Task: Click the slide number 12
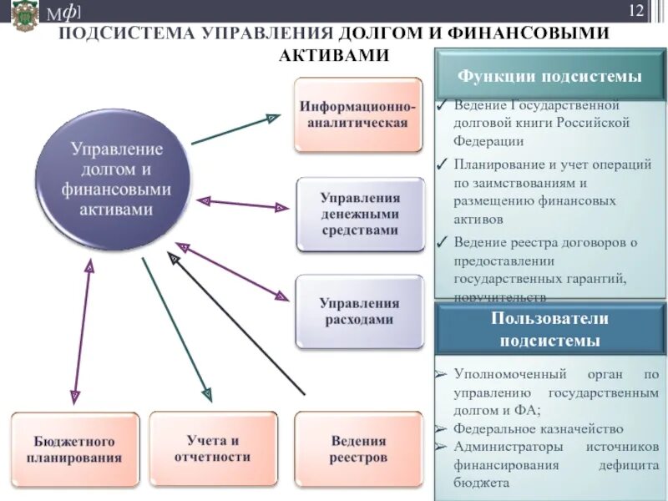point(636,12)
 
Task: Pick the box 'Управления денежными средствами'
point(360,214)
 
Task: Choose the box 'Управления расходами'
point(360,311)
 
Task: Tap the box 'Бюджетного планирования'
point(74,449)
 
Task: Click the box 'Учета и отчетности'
point(212,449)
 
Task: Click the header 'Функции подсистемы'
point(549,77)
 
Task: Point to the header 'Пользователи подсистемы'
point(549,330)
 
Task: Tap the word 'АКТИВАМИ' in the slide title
point(334,55)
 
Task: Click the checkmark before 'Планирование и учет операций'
point(442,164)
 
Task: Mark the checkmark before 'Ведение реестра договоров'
point(442,243)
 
